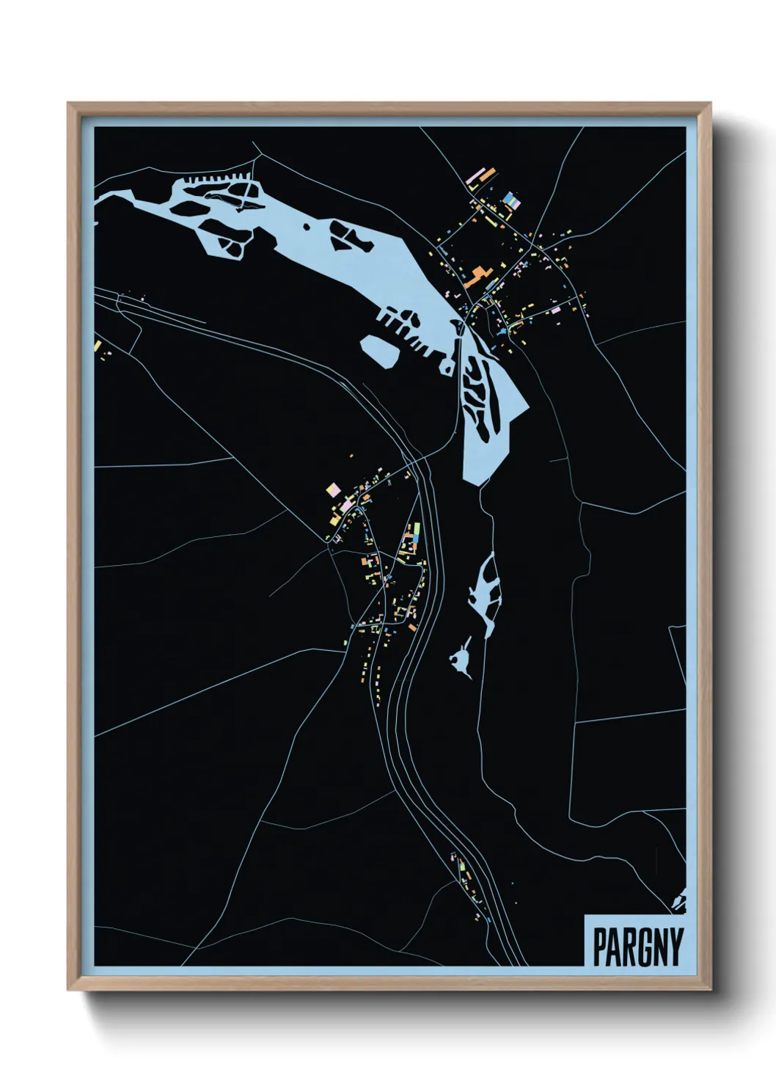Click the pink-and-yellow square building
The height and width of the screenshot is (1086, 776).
(x=334, y=489)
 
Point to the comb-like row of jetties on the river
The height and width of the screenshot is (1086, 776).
(x=216, y=178)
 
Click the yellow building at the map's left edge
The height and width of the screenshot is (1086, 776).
(x=97, y=345)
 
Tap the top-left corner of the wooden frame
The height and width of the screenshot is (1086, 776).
(x=70, y=105)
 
